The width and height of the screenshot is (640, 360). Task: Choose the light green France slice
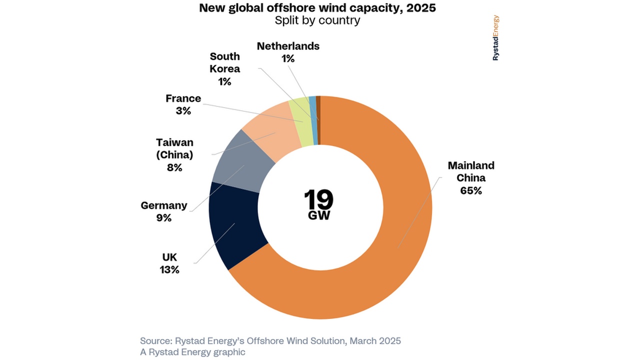(x=299, y=120)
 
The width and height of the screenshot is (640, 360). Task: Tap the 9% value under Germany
(x=163, y=218)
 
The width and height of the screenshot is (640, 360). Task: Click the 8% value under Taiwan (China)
(x=174, y=168)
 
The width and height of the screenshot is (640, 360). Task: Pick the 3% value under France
(x=183, y=111)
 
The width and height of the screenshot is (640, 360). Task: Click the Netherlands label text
(x=288, y=46)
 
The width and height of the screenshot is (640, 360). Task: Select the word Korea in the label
(x=224, y=69)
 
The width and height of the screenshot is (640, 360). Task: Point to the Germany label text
(x=164, y=205)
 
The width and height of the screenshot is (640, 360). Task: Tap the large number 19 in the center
(x=318, y=199)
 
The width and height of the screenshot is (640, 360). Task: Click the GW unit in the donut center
(x=318, y=216)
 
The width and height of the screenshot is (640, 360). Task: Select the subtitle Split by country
(x=317, y=20)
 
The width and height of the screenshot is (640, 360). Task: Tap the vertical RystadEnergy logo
(x=495, y=38)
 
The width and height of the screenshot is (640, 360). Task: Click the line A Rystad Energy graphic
(x=192, y=352)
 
